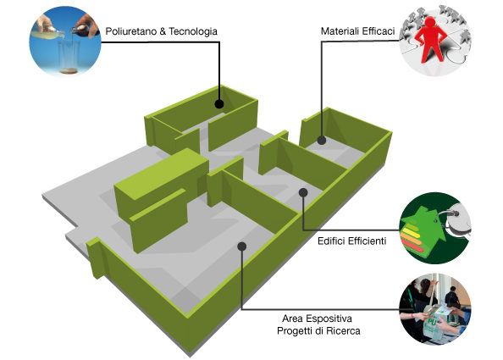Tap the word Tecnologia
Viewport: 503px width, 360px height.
click(193, 31)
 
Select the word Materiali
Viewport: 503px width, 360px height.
click(340, 31)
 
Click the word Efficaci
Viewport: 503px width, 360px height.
click(379, 31)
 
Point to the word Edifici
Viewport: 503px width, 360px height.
click(331, 241)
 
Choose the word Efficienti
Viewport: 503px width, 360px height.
click(368, 241)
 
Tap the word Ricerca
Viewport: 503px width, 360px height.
click(345, 331)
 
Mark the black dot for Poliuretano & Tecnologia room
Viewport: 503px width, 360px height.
click(219, 103)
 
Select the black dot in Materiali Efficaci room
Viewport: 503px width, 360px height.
click(322, 141)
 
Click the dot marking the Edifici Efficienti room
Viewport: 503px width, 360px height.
click(303, 192)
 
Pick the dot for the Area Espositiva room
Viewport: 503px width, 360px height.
click(242, 246)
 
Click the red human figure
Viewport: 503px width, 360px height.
click(430, 40)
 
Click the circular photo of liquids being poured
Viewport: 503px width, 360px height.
click(65, 42)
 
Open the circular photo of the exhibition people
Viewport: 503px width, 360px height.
click(435, 308)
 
